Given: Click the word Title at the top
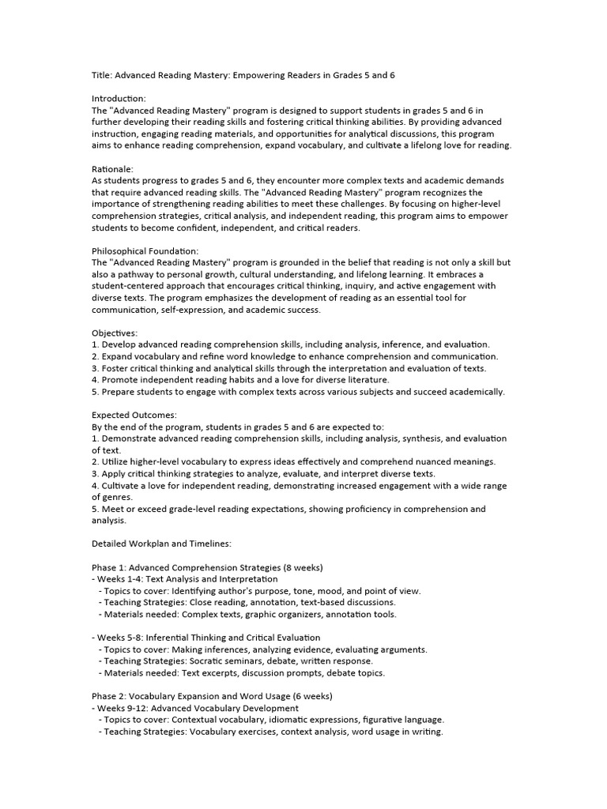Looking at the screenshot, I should coord(101,75).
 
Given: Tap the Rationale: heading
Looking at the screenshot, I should coord(113,168).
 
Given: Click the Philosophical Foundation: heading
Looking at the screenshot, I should coord(145,250).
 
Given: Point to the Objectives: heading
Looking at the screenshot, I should coord(115,333).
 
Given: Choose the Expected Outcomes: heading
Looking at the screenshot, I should coord(134,415).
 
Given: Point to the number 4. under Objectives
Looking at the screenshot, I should coord(95,380).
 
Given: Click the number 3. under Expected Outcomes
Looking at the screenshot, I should coord(95,473).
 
